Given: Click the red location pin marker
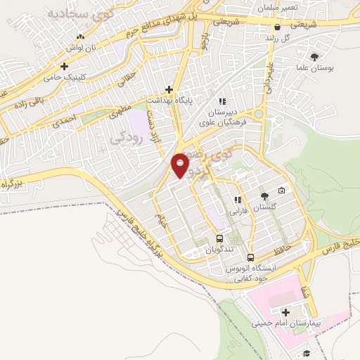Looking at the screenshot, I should click(x=181, y=165).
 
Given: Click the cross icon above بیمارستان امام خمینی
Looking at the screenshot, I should click(x=285, y=312).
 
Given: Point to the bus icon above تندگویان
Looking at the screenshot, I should click(x=219, y=238).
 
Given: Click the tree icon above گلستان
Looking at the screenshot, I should click(x=264, y=196).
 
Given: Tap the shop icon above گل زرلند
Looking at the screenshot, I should click(x=278, y=27).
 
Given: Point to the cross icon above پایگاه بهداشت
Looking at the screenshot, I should click(x=169, y=89).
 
